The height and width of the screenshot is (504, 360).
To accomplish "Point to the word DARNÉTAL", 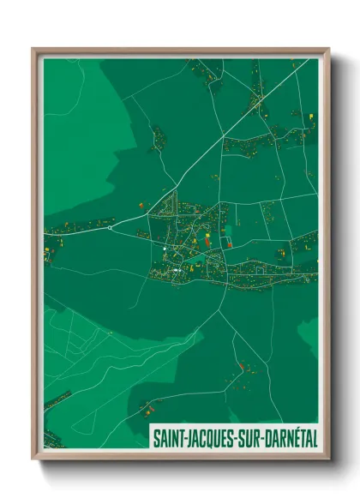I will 287,437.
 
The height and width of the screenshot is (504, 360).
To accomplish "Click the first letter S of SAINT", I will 156,437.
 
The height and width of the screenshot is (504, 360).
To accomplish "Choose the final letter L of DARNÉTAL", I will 312,437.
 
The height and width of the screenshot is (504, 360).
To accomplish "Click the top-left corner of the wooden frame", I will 33,49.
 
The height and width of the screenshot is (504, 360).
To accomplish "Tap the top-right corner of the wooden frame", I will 329,49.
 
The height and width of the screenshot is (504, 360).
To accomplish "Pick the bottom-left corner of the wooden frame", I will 33,460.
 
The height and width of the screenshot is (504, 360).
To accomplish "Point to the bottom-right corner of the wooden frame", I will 329,460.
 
